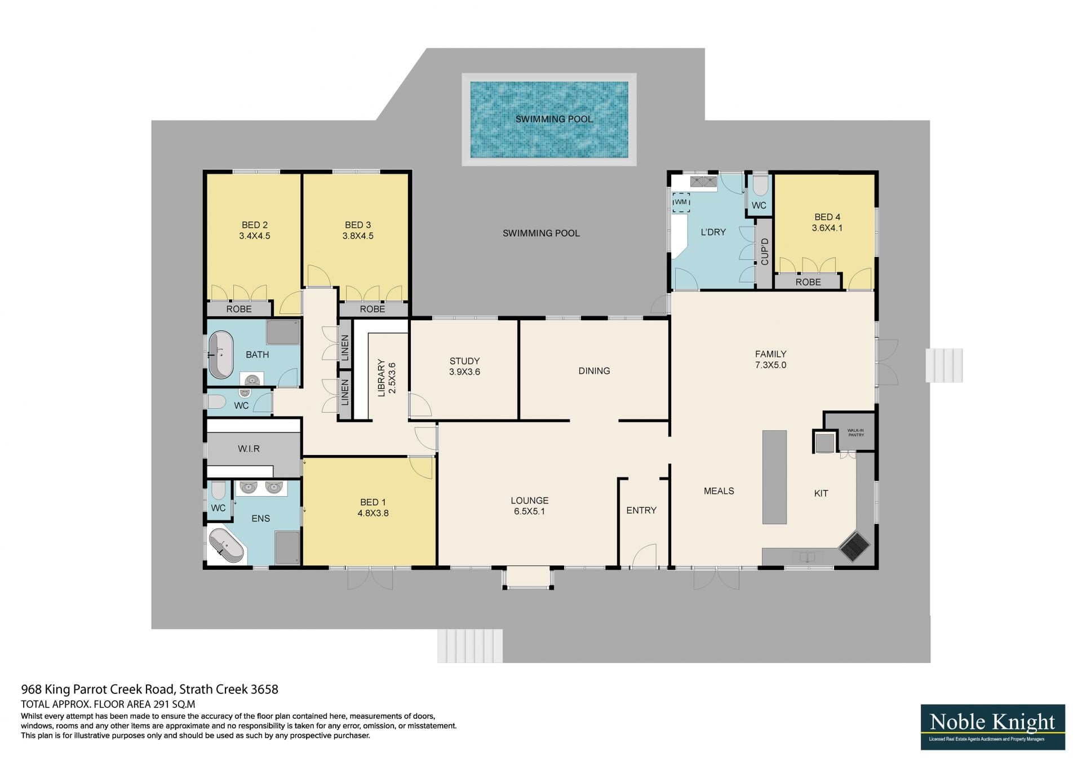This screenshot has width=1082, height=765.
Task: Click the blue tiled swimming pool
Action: [549, 120]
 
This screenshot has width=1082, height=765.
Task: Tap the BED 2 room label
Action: [255, 225]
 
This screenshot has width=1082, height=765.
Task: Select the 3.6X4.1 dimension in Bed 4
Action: [827, 228]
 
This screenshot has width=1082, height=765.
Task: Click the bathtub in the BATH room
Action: [221, 355]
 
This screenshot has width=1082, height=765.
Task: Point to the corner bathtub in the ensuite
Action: [226, 545]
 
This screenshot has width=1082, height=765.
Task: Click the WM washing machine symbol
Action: [681, 202]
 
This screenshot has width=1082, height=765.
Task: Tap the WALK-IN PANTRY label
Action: [855, 432]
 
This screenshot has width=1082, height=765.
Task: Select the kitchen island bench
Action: [774, 477]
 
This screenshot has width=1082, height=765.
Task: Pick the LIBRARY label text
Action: [382, 378]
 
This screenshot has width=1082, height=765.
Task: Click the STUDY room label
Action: [465, 361]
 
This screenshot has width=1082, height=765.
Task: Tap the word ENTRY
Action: [641, 510]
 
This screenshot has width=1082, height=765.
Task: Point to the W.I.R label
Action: [249, 449]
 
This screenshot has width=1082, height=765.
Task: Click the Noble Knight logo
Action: [993, 727]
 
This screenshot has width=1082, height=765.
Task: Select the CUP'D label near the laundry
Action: [765, 251]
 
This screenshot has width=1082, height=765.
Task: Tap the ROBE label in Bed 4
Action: [808, 282]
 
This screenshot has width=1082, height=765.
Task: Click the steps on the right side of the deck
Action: [944, 365]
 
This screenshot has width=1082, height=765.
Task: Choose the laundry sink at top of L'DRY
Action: [703, 182]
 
